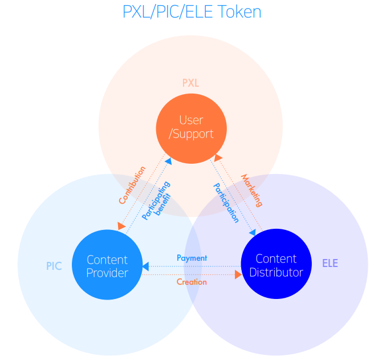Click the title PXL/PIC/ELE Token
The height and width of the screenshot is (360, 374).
pos(192,11)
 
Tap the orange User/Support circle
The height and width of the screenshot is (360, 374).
pos(192,128)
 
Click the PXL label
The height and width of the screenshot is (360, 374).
pos(190,83)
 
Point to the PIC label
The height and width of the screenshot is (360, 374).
pos(54,266)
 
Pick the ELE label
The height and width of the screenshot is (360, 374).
pos(330,264)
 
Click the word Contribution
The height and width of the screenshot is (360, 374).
pos(132,185)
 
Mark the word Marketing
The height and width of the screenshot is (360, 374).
pos(251,191)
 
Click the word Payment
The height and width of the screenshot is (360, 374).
pos(192,258)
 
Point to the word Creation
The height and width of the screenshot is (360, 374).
pos(192,282)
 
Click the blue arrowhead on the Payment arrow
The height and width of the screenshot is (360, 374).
pos(146,266)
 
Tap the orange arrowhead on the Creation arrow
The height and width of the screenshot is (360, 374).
pos(238,275)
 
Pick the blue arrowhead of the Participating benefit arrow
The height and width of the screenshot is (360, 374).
pos(168,161)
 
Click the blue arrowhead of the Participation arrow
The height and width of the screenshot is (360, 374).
pos(252,232)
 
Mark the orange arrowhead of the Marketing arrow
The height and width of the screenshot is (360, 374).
pos(217,156)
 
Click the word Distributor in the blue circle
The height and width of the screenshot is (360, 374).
pos(277,273)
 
